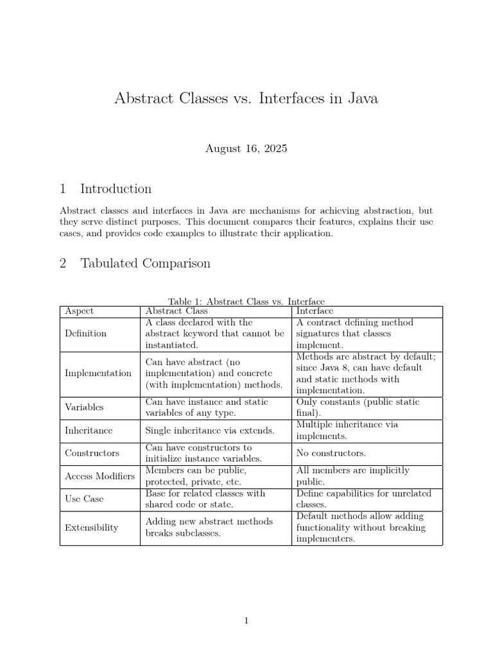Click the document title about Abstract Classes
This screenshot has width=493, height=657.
pyautogui.click(x=246, y=98)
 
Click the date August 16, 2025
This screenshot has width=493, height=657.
pyautogui.click(x=246, y=149)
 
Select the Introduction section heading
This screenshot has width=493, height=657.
pyautogui.click(x=106, y=189)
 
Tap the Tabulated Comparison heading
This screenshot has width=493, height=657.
pyautogui.click(x=135, y=264)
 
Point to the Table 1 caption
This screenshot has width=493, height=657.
pyautogui.click(x=246, y=302)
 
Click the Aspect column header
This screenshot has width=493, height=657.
pyautogui.click(x=79, y=311)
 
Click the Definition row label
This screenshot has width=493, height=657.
pyautogui.click(x=85, y=334)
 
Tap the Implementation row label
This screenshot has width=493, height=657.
pyautogui.click(x=98, y=373)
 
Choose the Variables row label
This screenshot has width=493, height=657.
pyautogui.click(x=84, y=407)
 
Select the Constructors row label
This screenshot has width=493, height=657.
pyautogui.click(x=92, y=453)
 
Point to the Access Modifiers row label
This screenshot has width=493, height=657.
pyautogui.click(x=99, y=476)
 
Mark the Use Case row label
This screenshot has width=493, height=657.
pyautogui.click(x=84, y=499)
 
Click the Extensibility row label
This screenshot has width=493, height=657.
pyautogui.click(x=91, y=527)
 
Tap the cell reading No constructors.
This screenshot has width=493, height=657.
pyautogui.click(x=331, y=453)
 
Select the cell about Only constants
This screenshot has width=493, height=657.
pyautogui.click(x=358, y=407)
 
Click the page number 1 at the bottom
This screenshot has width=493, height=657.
pyautogui.click(x=246, y=620)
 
